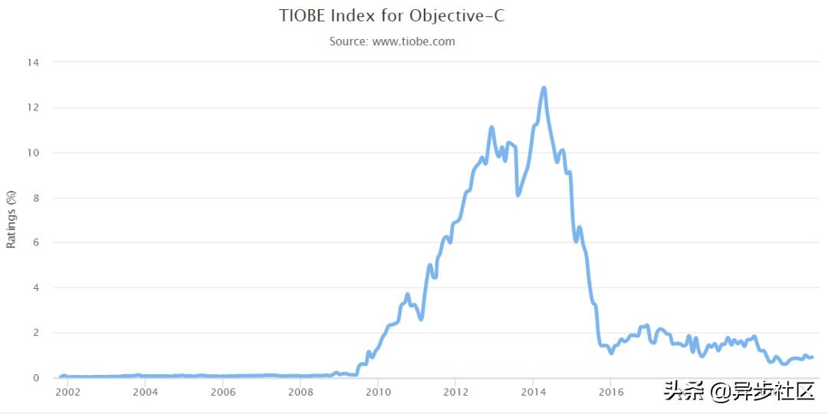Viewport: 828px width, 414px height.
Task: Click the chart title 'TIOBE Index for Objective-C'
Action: (392, 16)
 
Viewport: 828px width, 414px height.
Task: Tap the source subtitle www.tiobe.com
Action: (392, 41)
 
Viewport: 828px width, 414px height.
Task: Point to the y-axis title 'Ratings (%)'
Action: (11, 219)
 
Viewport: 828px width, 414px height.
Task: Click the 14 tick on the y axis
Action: (34, 62)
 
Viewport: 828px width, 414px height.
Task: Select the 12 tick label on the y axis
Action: (34, 107)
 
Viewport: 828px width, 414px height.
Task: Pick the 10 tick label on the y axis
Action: (34, 153)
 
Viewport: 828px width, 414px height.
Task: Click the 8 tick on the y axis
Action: (36, 198)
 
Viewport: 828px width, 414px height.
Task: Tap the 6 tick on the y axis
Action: (36, 242)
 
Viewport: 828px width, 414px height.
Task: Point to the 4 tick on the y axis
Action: (36, 287)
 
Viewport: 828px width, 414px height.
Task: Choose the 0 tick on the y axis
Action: (36, 378)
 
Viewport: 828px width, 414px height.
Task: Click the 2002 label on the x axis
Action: (67, 393)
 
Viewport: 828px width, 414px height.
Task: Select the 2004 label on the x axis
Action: (145, 393)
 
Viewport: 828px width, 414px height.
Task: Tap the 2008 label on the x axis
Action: (301, 393)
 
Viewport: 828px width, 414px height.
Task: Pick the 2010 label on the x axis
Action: (378, 393)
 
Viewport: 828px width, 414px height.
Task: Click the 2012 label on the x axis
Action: (455, 393)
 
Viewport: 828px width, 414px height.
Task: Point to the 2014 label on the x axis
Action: (533, 393)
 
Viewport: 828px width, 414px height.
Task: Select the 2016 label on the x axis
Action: (610, 393)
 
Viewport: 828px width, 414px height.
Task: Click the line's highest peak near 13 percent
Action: (544, 88)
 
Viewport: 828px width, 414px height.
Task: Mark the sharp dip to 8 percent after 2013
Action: (518, 195)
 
